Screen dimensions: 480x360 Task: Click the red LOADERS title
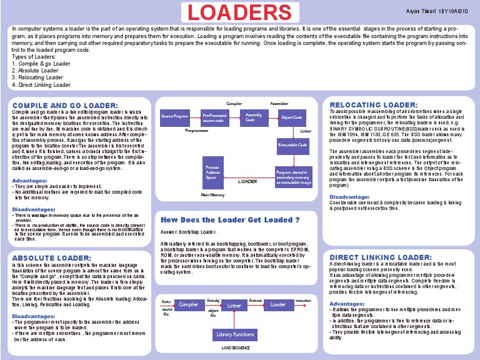[241, 12]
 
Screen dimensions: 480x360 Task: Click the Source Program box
[174, 117]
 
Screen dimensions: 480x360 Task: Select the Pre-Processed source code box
[214, 117]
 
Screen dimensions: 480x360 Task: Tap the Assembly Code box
[254, 117]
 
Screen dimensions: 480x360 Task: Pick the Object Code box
[292, 117]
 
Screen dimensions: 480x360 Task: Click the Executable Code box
[292, 145]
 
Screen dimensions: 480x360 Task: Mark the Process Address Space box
[213, 172]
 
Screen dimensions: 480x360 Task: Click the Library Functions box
[235, 335]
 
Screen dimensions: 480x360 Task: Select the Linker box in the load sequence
[234, 306]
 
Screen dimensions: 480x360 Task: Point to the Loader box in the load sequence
[278, 304]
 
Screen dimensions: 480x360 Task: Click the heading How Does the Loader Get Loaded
[231, 220]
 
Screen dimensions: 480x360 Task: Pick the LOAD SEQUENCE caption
[235, 347]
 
